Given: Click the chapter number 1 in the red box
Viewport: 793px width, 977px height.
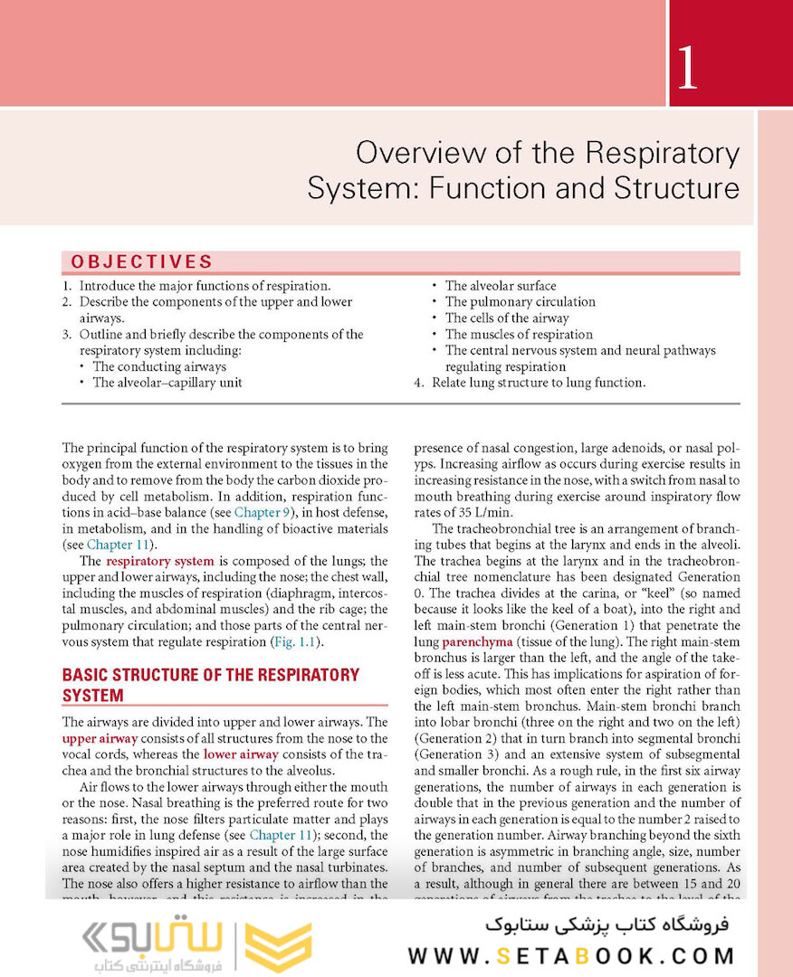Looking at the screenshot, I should pos(687,70).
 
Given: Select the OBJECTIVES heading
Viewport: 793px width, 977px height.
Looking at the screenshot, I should pos(141,262).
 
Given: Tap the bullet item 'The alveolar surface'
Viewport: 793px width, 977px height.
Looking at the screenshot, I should pos(500,286).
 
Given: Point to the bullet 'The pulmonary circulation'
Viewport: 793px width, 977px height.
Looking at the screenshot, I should pos(520,302).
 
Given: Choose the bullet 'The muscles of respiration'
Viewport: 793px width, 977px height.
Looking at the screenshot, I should pos(519,335).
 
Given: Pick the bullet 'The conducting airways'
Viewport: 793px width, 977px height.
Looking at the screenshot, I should pos(159,367).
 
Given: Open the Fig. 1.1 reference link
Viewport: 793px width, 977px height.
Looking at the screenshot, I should pos(297,642).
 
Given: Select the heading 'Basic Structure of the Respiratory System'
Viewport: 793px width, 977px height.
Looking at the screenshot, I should pos(210,685).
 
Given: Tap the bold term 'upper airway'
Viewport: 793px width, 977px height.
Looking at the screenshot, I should pos(100,738).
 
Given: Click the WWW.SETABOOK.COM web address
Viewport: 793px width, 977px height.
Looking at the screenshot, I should pos(571,956).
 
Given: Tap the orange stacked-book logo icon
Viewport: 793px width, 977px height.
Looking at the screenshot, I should pos(279,947).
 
